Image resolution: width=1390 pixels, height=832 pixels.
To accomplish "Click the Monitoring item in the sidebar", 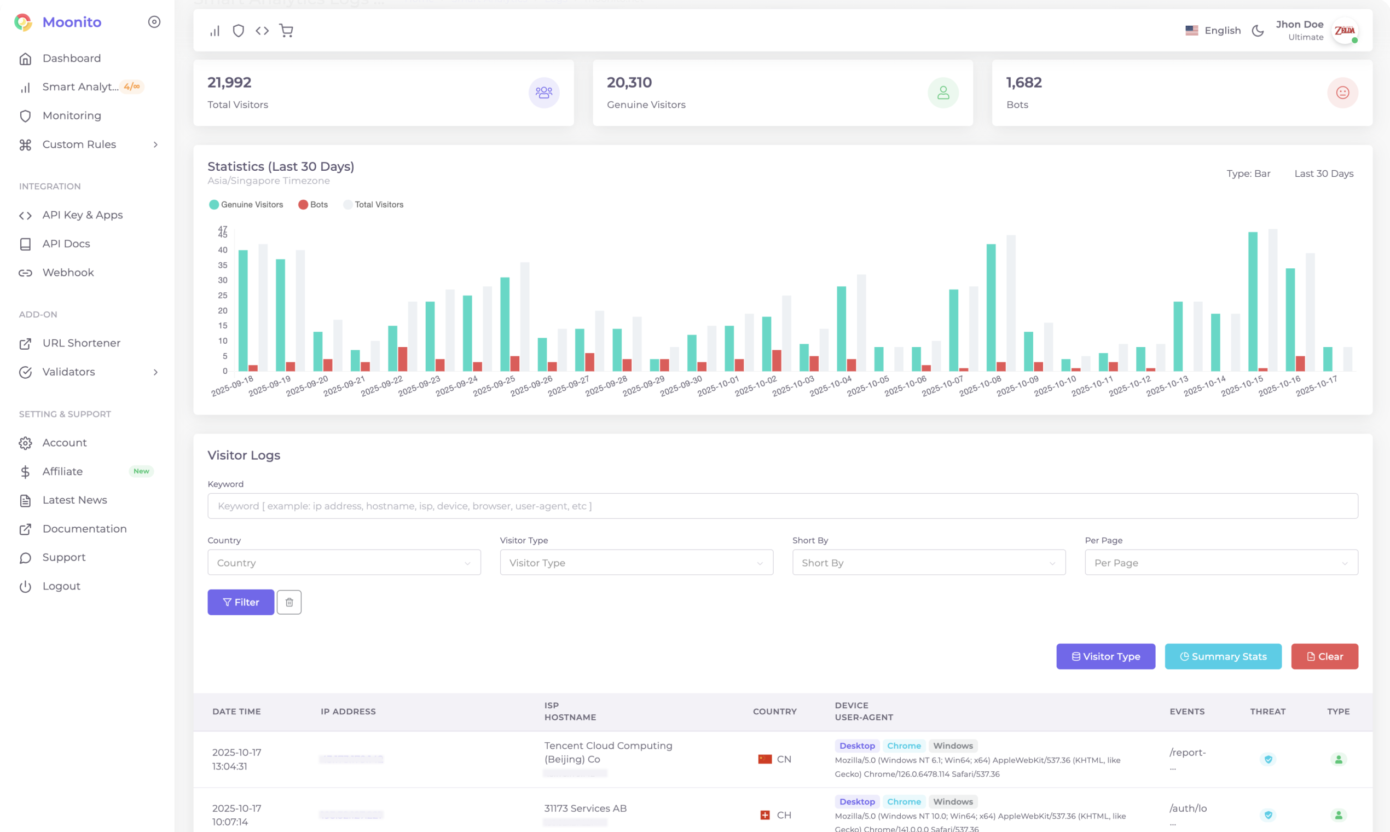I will tap(71, 115).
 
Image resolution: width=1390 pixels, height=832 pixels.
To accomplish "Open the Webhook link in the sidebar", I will tap(68, 273).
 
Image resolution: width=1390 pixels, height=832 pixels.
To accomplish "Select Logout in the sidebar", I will tap(61, 586).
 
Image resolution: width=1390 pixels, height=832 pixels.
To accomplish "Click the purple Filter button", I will tap(240, 602).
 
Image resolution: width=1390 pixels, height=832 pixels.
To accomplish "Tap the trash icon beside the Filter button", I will tap(289, 602).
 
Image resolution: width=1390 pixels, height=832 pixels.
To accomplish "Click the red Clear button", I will tap(1324, 656).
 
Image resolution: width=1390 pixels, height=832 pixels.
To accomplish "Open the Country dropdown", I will tap(344, 562).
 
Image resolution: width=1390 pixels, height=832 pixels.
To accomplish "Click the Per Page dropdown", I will tap(1221, 562).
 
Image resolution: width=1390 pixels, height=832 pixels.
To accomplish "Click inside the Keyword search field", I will tap(783, 506).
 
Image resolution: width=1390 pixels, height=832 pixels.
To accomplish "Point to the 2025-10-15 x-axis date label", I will tap(1242, 386).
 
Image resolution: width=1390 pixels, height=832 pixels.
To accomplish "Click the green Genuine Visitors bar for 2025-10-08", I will tap(991, 307).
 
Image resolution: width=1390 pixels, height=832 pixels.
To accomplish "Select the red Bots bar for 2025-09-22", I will tap(402, 359).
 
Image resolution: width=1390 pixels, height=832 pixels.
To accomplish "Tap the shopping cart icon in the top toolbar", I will tap(286, 30).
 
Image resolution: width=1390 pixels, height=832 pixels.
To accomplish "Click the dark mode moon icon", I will tap(1258, 30).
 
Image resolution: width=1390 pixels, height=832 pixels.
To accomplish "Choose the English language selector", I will tap(1213, 30).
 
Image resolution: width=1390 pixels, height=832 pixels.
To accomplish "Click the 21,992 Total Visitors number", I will tap(229, 83).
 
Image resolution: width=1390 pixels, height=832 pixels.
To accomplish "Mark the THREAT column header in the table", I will tap(1267, 712).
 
